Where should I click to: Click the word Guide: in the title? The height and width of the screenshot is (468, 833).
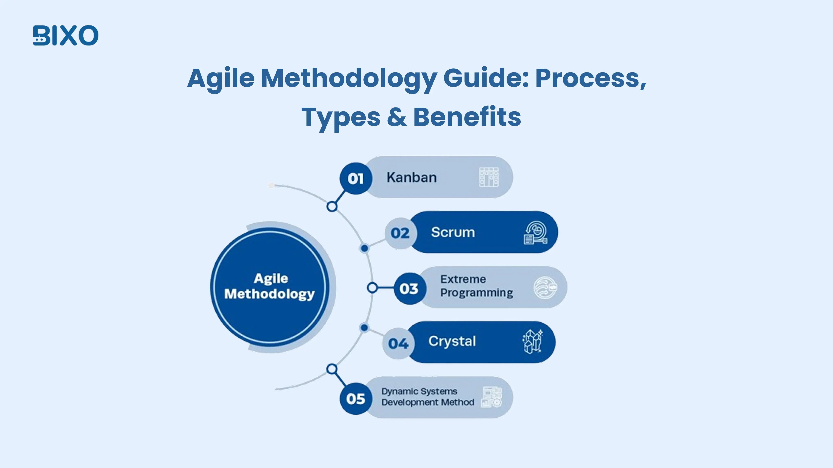486,78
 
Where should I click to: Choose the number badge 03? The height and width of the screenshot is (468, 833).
409,288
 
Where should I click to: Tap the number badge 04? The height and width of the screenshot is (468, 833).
398,343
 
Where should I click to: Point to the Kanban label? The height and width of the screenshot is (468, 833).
412,177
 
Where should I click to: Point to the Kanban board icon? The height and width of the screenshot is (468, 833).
489,177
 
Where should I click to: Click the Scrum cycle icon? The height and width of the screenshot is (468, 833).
535,233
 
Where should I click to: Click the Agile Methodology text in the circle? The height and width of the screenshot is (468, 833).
269,286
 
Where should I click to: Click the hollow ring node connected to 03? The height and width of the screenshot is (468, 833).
372,287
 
